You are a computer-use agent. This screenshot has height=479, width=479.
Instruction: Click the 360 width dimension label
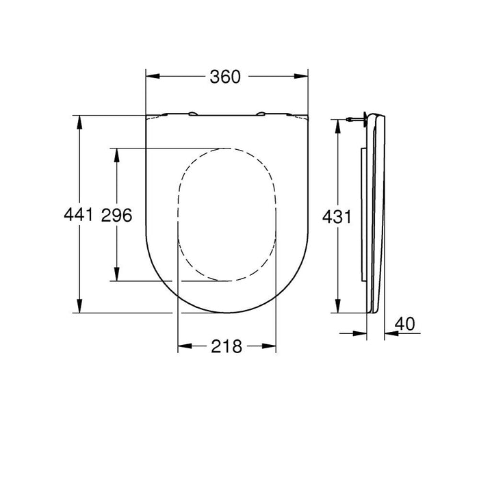pyautogui.click(x=226, y=77)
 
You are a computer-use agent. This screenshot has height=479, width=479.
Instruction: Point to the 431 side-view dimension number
pyautogui.click(x=337, y=217)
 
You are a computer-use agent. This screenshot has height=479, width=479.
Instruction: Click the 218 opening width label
pyautogui.click(x=227, y=347)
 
